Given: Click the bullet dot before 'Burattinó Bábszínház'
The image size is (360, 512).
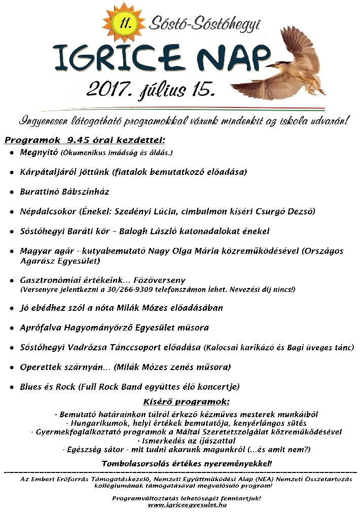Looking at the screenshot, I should click(11, 192).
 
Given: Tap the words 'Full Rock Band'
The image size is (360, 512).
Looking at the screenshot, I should click(104, 387).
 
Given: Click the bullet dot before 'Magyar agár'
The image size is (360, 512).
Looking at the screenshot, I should click(11, 251).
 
